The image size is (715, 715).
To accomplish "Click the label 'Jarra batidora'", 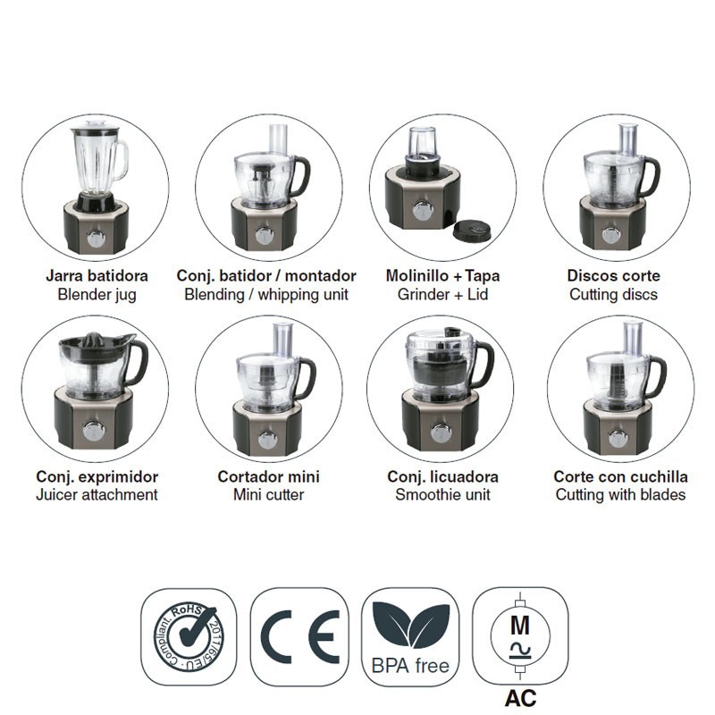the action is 97,276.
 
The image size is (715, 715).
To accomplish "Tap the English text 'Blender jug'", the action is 97,295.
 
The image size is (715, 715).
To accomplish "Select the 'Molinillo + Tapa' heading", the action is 442,276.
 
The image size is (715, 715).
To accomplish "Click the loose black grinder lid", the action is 473,231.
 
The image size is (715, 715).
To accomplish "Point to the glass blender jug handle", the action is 122,160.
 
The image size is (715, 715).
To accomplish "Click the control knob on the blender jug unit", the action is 96,239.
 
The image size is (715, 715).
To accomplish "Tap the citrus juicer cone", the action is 94,340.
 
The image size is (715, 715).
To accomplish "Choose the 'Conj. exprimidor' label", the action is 97,477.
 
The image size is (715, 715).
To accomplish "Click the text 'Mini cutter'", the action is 269,495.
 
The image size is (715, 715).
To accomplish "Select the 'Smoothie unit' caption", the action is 442,495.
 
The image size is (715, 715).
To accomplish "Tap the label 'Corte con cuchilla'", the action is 620,477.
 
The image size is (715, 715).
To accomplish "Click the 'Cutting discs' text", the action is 614,295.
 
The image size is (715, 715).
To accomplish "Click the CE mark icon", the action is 300,637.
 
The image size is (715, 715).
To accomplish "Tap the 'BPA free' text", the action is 410,666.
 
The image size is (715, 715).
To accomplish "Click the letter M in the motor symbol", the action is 520,626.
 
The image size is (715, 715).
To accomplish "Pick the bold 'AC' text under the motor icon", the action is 521,699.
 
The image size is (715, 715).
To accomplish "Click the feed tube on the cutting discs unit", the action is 630,139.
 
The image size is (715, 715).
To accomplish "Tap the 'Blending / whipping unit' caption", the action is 266,295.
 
